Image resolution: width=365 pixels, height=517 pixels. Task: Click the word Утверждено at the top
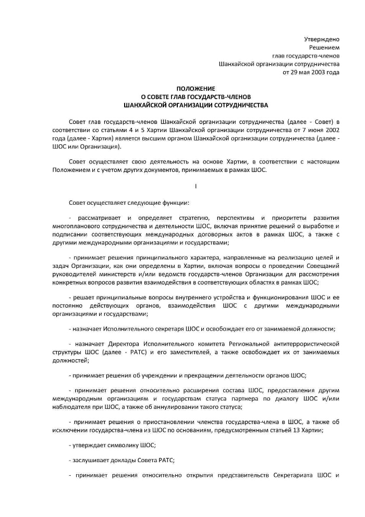point(322,39)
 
